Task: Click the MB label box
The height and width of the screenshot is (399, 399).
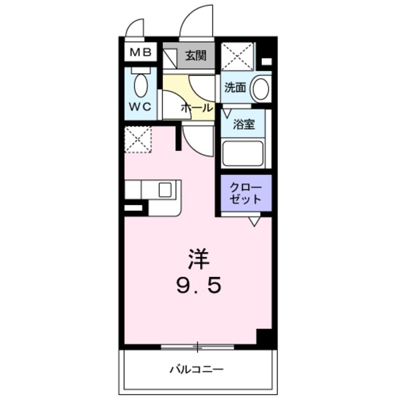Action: (x=140, y=52)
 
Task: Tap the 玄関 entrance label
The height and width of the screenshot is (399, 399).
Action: (x=196, y=56)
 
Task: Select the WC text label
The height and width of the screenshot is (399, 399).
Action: (x=140, y=107)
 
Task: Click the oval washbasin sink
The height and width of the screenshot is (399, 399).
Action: (x=261, y=89)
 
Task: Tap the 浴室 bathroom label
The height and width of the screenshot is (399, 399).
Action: (x=244, y=124)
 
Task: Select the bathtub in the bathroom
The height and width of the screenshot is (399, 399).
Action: (x=243, y=153)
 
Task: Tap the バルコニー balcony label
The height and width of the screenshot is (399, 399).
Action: (x=196, y=370)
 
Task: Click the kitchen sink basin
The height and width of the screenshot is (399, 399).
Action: (x=165, y=190)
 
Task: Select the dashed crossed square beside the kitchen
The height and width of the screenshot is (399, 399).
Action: (x=138, y=140)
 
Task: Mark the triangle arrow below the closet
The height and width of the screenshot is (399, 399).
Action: (x=254, y=220)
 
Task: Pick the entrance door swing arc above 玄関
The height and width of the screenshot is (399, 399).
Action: (x=196, y=22)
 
